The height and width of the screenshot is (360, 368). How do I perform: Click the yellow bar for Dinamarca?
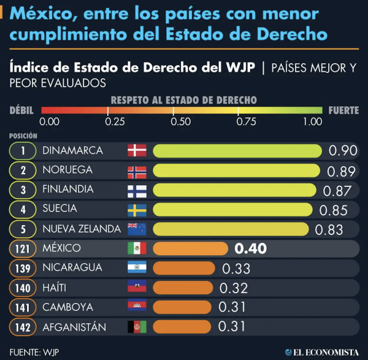238,151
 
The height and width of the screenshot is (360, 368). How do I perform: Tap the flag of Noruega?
137,170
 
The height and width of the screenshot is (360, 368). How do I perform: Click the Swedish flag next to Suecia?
137,210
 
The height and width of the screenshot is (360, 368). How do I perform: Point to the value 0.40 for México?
251,248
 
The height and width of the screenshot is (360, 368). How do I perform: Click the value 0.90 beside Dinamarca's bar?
343,151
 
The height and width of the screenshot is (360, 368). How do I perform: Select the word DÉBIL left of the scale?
22,111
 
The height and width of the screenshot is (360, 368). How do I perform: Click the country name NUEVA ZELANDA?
82,229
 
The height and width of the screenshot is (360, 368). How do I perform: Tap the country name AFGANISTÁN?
74,327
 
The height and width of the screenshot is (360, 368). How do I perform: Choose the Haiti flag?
137,288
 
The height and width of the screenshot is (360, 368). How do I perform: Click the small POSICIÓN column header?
23,136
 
